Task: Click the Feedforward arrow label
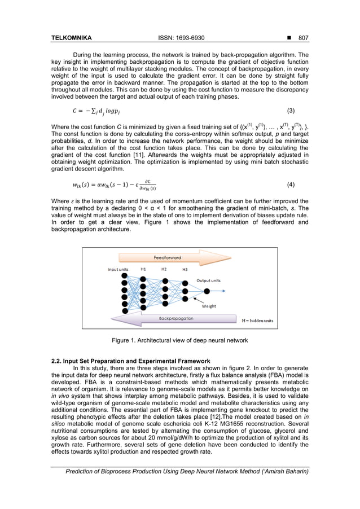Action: (x=168, y=257)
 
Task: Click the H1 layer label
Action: (x=143, y=270)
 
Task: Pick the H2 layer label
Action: (x=164, y=270)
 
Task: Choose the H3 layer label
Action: (x=185, y=270)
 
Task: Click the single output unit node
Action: (x=207, y=291)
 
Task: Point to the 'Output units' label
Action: (x=208, y=280)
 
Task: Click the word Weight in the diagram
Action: (x=209, y=306)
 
